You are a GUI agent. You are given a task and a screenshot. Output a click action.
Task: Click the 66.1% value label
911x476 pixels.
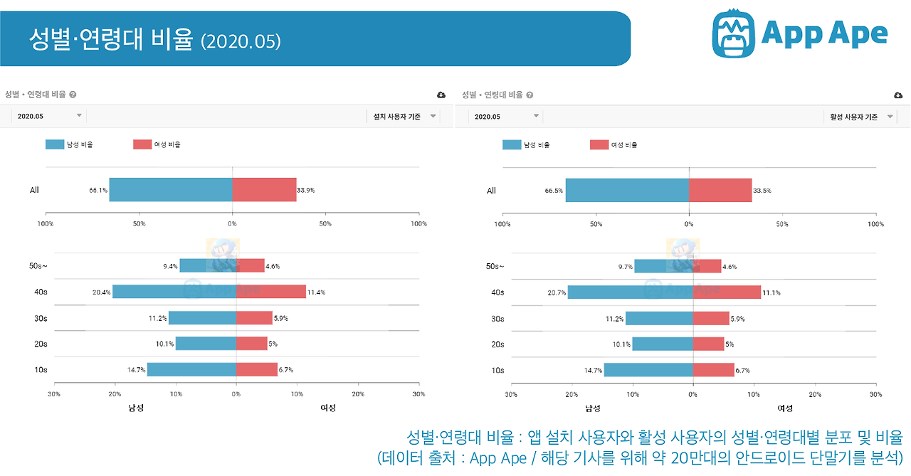point(98,191)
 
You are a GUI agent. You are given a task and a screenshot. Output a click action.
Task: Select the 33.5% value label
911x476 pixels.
point(763,191)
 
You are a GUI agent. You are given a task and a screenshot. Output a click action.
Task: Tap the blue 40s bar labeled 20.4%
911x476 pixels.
point(174,292)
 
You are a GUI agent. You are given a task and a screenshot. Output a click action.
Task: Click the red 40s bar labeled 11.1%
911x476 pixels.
point(727,292)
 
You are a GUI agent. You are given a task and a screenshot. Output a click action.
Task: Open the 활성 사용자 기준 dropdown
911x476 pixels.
point(860,116)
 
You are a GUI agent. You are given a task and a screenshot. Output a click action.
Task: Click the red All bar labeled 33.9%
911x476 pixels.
point(264,190)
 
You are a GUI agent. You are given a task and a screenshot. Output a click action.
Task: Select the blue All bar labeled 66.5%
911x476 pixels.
point(627,190)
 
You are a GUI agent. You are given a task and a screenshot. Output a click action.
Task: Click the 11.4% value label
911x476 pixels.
point(317,292)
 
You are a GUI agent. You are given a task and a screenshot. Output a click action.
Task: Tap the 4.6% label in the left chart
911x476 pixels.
point(273,266)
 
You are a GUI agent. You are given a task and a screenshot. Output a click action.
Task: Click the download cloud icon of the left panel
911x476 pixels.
point(441,95)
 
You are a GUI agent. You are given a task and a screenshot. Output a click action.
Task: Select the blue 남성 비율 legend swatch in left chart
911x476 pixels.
point(54,144)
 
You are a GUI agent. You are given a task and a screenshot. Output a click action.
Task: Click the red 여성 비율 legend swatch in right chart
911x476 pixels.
point(599,144)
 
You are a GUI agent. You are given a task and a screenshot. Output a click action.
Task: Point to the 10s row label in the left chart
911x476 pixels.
point(41,370)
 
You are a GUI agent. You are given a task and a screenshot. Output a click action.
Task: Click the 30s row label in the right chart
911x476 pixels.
point(498,319)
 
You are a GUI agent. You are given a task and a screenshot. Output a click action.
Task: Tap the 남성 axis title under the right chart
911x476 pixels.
point(593,408)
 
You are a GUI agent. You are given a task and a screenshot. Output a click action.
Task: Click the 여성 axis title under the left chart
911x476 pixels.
point(328,408)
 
